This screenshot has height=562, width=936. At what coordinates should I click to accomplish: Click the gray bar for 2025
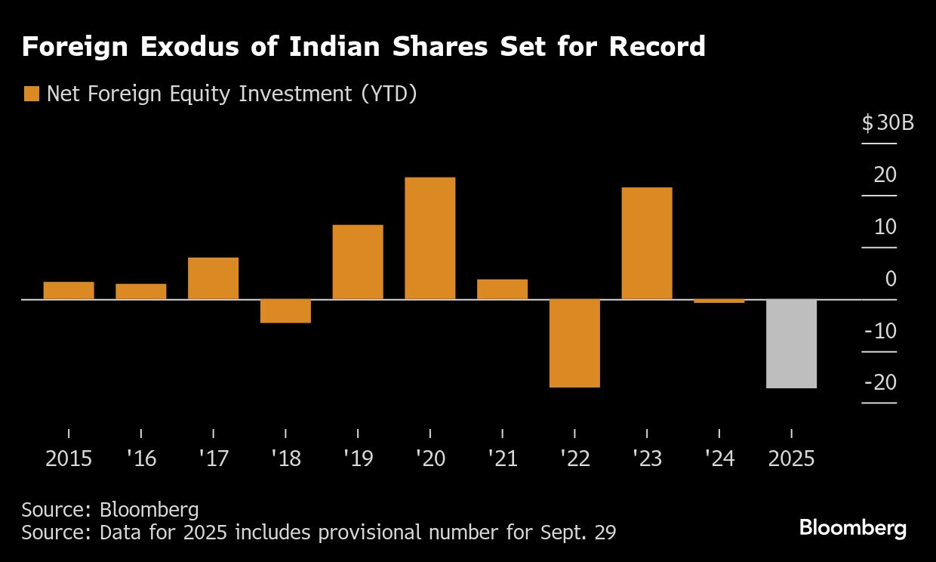coord(791,344)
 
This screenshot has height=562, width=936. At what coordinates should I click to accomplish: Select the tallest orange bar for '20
coord(430,238)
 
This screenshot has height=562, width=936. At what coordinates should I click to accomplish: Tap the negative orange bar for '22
coord(574,343)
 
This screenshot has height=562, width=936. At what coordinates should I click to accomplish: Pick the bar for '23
coord(646,243)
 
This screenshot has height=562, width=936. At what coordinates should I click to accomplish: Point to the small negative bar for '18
coord(285,311)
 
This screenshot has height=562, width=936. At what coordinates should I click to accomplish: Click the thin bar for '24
coord(719,301)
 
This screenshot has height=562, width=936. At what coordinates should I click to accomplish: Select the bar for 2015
coord(69,290)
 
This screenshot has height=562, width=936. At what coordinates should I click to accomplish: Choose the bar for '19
coord(358,262)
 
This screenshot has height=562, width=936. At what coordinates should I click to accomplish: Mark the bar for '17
coord(213,278)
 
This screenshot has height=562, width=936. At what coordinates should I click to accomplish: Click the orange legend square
coord(31,94)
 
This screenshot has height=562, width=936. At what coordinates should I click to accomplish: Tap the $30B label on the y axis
coord(888,122)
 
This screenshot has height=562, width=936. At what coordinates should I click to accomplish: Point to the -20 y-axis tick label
coord(880,383)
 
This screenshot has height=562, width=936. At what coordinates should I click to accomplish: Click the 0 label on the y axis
coord(891,279)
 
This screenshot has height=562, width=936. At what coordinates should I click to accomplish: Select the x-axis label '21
coord(502,459)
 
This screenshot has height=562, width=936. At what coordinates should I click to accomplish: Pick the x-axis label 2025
coord(791,459)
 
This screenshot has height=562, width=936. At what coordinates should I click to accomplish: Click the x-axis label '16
coord(141,459)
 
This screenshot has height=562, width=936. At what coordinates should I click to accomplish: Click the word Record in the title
coord(657,47)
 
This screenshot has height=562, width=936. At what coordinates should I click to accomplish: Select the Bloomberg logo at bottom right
coord(853,527)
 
